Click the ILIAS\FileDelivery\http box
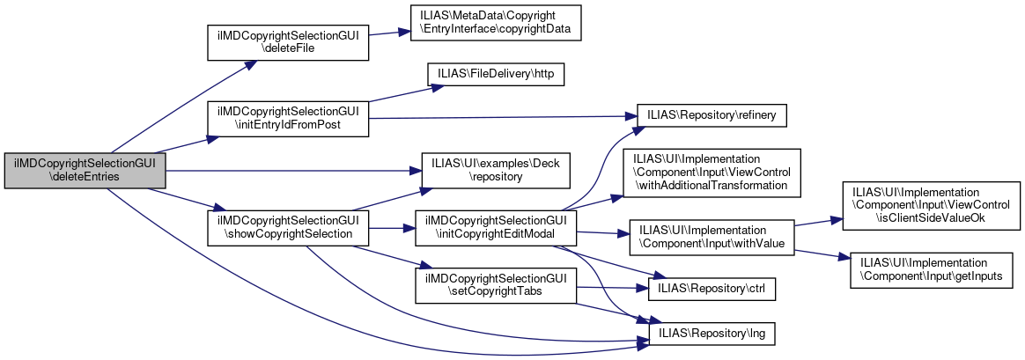495,75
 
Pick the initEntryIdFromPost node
286,119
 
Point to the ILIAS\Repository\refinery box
712,115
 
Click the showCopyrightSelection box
286,227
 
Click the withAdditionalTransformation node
712,171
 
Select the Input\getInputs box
931,269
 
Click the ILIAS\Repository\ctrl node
712,287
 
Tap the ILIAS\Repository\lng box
712,334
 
